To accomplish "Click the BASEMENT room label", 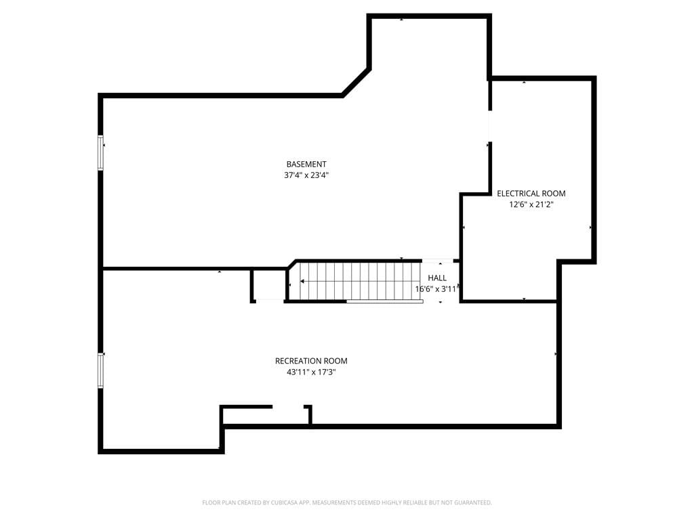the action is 306,164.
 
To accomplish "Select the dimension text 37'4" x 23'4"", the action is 306,175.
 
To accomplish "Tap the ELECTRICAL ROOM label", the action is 531,193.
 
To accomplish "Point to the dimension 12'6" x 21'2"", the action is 531,204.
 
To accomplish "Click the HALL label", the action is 437,278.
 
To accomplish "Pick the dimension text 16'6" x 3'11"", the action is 437,289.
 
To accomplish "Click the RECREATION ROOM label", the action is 311,361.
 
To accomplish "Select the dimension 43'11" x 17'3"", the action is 311,372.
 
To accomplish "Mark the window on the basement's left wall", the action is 101,152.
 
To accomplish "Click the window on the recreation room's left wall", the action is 101,371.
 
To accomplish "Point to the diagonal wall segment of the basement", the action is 355,83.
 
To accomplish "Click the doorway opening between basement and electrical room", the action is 489,127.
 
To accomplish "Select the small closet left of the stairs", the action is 269,285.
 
